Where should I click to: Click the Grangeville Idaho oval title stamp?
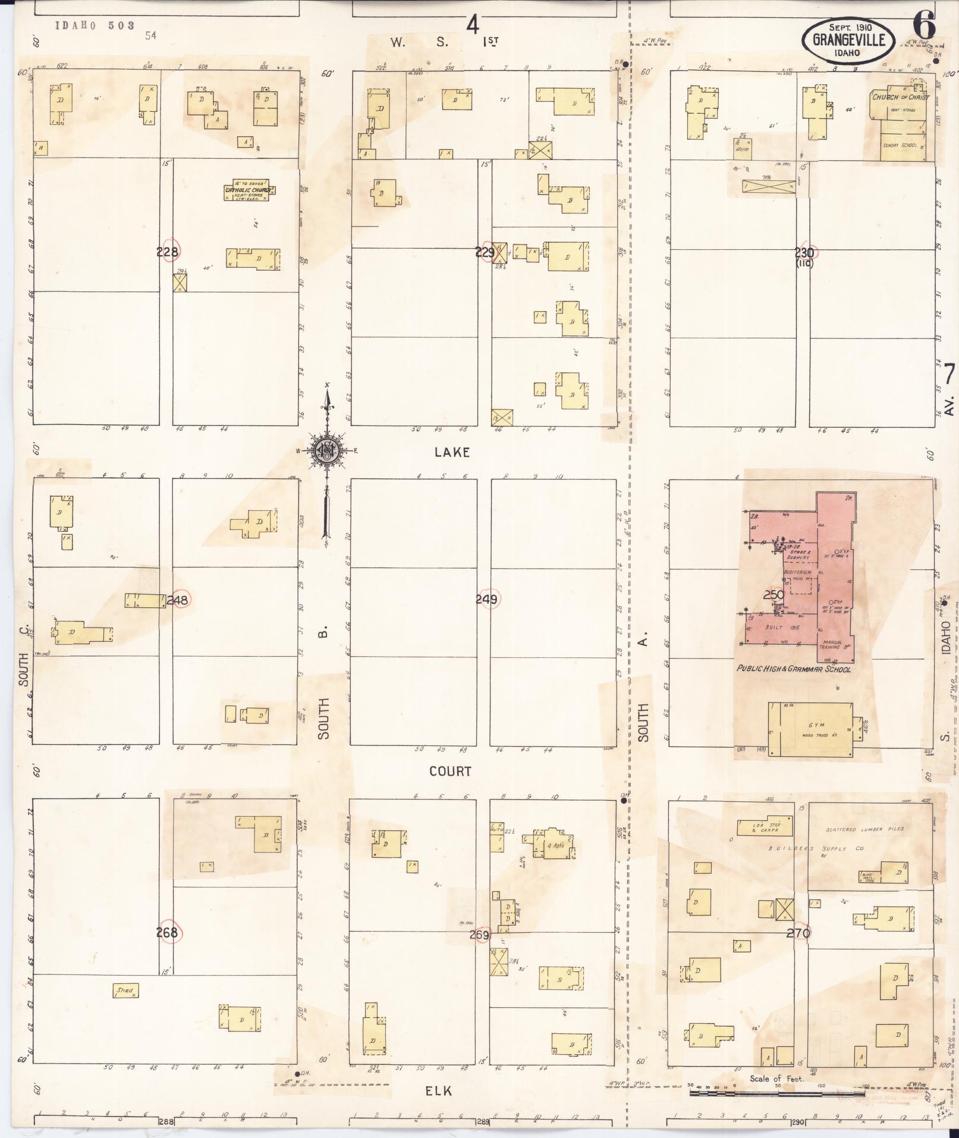[847, 40]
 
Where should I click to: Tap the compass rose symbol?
[326, 450]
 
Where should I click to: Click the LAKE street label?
[452, 452]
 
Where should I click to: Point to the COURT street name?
[450, 771]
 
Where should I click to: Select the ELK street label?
[438, 1090]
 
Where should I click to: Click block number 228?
[167, 252]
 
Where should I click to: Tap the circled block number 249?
[486, 600]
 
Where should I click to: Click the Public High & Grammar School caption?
[794, 669]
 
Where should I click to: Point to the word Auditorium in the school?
[797, 571]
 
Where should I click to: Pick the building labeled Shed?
[125, 990]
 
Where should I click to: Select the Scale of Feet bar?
[776, 1093]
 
